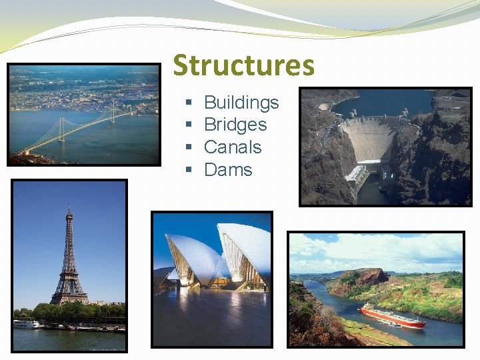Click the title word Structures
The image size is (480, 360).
243,66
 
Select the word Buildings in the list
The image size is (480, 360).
241,103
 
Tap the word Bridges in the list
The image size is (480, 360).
235,125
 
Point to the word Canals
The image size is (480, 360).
233,147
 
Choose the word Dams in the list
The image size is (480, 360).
228,170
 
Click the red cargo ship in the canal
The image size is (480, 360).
392,316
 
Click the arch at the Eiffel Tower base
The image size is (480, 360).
69,297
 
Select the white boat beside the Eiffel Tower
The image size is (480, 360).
26,324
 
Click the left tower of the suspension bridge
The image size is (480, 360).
61,129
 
